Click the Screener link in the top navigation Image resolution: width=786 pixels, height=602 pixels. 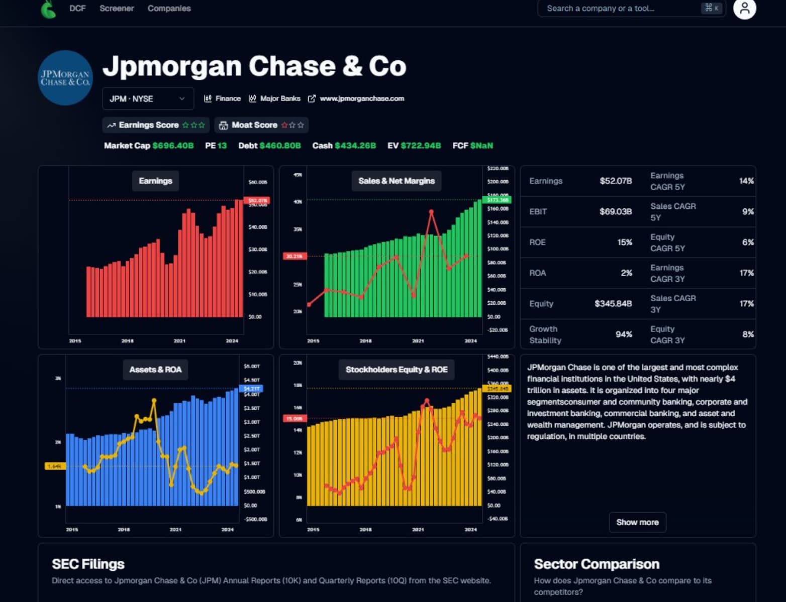click(x=117, y=9)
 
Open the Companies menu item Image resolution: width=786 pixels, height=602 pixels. click(x=169, y=9)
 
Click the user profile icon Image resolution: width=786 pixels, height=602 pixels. click(x=744, y=9)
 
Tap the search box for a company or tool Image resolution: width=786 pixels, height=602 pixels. click(x=623, y=9)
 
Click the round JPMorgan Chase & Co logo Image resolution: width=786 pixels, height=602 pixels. click(x=65, y=78)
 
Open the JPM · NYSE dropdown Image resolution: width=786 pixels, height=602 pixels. click(x=148, y=99)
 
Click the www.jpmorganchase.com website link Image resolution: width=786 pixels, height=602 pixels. click(x=361, y=98)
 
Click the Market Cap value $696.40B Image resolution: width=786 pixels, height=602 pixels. click(x=173, y=146)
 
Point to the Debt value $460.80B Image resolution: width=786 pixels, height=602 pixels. click(x=280, y=146)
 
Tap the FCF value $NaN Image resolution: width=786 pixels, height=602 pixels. click(x=481, y=146)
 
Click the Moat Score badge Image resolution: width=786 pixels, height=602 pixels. click(x=261, y=125)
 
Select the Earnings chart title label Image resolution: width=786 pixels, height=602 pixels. click(x=155, y=181)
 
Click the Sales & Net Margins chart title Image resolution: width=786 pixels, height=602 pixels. click(x=396, y=181)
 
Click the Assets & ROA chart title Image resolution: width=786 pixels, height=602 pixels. click(x=155, y=370)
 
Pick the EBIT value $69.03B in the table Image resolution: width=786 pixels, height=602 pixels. click(x=615, y=211)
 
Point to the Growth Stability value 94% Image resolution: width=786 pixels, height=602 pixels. click(x=624, y=334)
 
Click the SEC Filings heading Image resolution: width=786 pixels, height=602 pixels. click(x=88, y=564)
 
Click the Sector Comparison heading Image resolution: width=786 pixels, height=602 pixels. click(x=596, y=564)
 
